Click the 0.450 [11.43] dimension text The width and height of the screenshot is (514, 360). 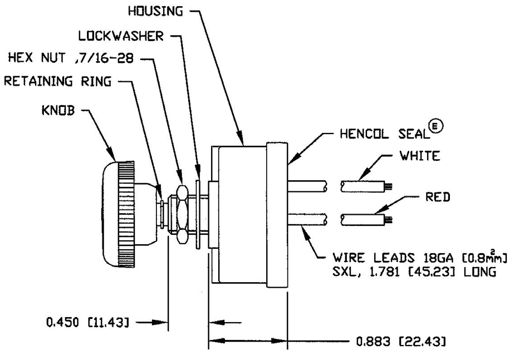click(90, 322)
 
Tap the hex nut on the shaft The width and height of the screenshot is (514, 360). click(180, 214)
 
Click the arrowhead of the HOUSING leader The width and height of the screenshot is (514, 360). click(241, 140)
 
